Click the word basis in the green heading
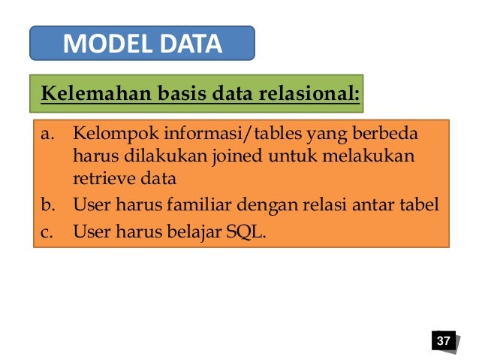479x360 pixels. pos(181,95)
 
